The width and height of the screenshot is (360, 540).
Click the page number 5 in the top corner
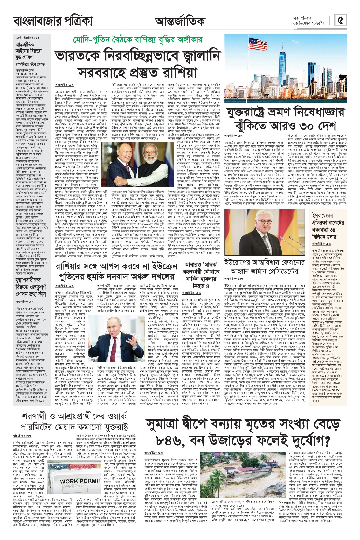pos(341,20)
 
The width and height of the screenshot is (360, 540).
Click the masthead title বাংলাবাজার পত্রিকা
pos(53,21)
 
